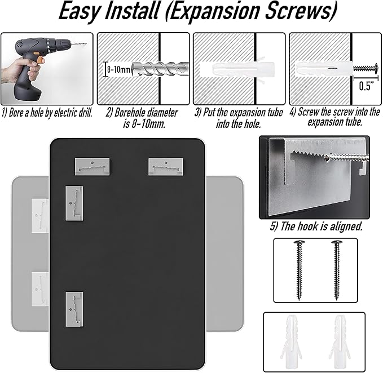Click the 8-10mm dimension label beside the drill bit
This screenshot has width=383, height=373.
118,69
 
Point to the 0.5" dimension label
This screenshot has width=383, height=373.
367,86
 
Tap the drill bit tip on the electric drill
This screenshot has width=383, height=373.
85,44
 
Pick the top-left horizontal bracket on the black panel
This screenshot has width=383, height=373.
92,166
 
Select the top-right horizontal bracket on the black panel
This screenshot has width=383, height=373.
166,166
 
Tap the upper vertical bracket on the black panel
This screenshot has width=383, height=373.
74,203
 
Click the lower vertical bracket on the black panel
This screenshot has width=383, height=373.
74,309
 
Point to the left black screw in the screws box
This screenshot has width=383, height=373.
299,270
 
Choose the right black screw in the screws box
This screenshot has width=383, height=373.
337,270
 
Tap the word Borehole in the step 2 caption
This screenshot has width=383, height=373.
130,113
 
